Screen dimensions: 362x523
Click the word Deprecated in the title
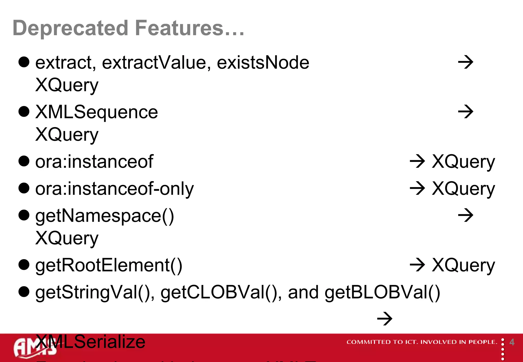pos(70,28)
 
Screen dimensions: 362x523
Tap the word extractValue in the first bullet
pos(156,63)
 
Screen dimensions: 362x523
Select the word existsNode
pos(263,63)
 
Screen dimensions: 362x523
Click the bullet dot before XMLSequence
pos(24,112)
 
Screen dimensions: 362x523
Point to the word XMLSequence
pos(97,112)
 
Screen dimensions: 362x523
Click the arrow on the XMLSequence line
pos(465,112)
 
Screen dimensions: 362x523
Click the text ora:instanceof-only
pos(114,189)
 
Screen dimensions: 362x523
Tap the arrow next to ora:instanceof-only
pos(417,188)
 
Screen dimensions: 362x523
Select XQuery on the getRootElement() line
pos(463,266)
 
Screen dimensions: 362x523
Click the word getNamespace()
pos(105,216)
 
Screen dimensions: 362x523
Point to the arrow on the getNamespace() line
pos(465,215)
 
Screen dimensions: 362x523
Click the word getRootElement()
pos(109,266)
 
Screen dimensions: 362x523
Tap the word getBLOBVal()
pos(382,293)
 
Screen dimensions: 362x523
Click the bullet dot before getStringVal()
pos(24,292)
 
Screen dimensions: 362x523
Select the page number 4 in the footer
pos(512,342)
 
